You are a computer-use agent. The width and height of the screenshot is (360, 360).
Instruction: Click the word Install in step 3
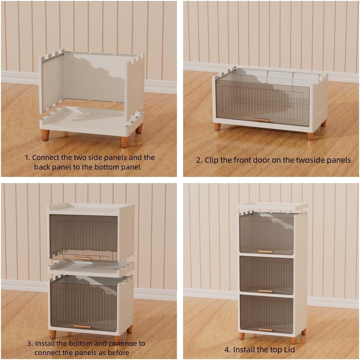pos(45,343)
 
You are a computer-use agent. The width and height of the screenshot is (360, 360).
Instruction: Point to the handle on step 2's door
pos(261,120)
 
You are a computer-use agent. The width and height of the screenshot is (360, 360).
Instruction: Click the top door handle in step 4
pos(266,252)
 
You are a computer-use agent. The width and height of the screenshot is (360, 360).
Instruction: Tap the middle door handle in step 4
pos(266,291)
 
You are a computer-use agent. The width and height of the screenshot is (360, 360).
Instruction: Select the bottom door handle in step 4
pos(266,330)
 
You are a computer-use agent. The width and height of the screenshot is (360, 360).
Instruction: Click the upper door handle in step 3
pos(83,259)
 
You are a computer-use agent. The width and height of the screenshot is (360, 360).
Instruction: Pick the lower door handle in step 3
pos(82,327)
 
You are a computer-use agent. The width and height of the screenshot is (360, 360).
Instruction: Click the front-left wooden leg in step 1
pos(45,135)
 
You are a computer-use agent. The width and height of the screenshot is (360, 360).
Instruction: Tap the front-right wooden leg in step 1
pos(124,142)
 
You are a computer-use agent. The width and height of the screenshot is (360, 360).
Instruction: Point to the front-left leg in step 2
pos(217,127)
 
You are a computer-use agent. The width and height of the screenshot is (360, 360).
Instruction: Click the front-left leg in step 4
pos(242,336)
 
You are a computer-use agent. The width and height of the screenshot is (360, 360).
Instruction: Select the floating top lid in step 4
pos(272,207)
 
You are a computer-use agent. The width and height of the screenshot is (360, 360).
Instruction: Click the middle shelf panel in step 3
pos(91,268)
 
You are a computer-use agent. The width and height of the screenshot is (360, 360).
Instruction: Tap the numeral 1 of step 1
pos(27,158)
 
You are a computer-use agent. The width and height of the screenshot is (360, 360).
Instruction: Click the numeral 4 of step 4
pos(227,350)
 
